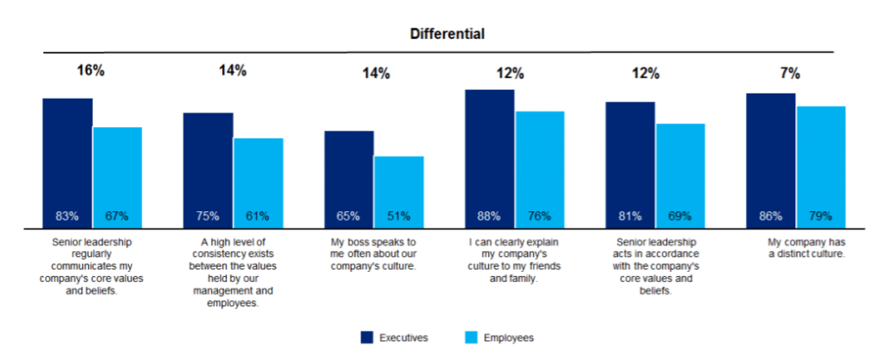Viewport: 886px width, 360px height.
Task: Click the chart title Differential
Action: (x=447, y=34)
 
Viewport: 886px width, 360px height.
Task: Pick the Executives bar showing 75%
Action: (x=208, y=170)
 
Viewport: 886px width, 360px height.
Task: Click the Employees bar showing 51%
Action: (x=399, y=191)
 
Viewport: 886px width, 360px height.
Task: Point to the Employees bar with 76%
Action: (x=540, y=169)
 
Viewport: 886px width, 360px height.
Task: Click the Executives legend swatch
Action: (x=367, y=337)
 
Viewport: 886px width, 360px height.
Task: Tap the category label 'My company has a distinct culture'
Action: (x=795, y=248)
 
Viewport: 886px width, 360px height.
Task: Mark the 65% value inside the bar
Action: (x=349, y=215)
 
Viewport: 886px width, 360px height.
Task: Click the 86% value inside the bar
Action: (x=771, y=215)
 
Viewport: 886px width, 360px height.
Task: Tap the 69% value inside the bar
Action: (x=680, y=215)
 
